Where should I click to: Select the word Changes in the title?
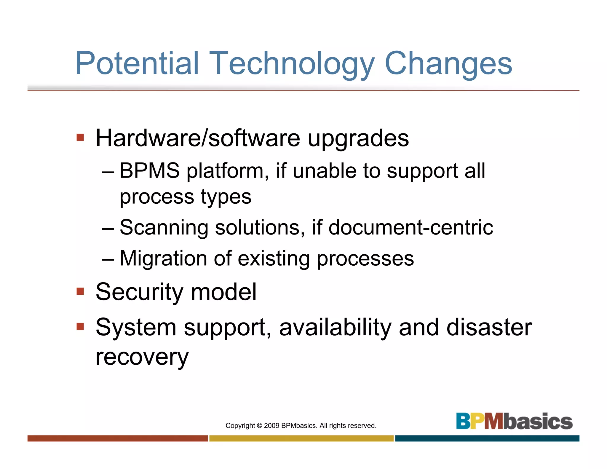448,64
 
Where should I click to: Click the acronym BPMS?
150,171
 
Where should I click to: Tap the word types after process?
226,197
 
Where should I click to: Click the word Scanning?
164,228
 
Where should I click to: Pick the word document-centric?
411,228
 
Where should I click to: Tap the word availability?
335,327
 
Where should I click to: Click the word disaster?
489,327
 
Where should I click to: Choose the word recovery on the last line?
142,358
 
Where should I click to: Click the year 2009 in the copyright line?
271,426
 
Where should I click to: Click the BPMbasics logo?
514,421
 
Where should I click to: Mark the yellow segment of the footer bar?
301,438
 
